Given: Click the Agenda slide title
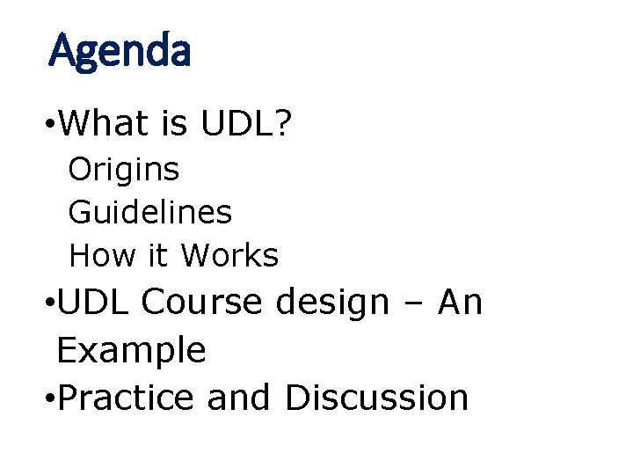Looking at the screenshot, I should [x=120, y=52].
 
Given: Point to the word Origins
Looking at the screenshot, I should [x=124, y=170].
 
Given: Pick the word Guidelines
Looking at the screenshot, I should [x=150, y=212].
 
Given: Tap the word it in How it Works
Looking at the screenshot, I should [x=158, y=256].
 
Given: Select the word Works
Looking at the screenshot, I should [x=229, y=256].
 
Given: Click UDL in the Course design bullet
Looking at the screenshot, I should [x=92, y=303].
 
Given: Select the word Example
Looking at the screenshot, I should [x=131, y=351].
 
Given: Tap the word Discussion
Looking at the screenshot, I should [x=376, y=398].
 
